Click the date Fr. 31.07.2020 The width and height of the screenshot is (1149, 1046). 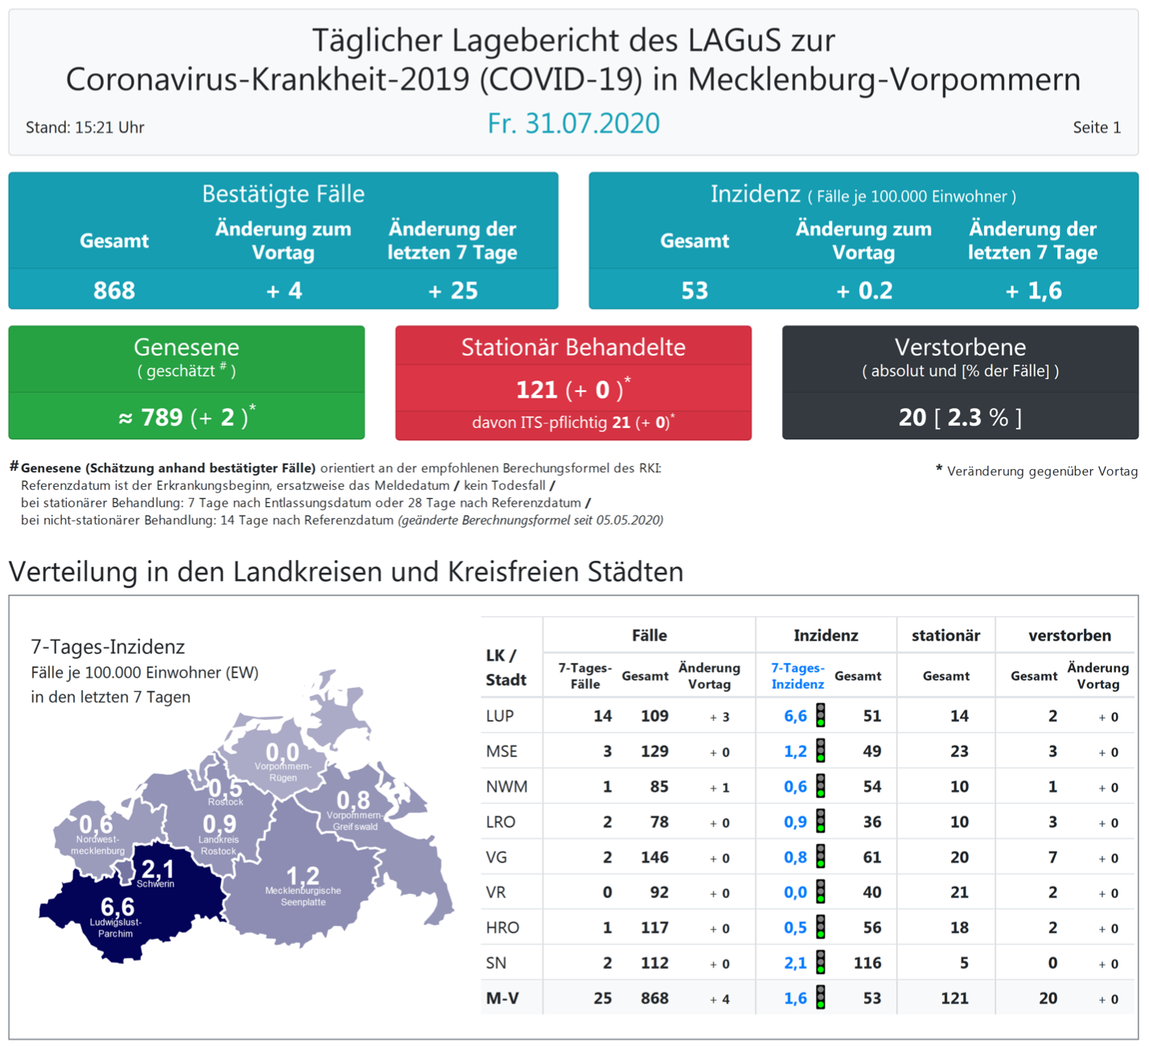(x=573, y=123)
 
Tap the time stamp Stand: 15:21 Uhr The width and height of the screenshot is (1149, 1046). (x=84, y=127)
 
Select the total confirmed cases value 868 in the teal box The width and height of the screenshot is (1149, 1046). (x=113, y=290)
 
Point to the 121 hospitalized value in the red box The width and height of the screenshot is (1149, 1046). (x=537, y=390)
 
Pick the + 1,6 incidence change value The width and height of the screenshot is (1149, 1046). (x=1033, y=290)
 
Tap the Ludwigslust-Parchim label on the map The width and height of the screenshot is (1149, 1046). (x=116, y=928)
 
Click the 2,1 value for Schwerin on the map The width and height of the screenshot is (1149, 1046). (x=157, y=868)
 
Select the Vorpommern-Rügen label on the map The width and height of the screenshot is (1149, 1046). (x=282, y=772)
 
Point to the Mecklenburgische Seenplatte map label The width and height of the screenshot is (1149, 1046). (x=303, y=896)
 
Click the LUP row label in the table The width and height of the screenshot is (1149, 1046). (x=500, y=716)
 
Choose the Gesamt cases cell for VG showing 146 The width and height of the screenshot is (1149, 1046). (x=654, y=857)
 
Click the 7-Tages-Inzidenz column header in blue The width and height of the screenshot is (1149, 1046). (x=797, y=676)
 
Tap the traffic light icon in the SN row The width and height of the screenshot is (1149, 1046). (x=821, y=962)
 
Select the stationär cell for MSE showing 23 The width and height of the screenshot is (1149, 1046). (x=959, y=752)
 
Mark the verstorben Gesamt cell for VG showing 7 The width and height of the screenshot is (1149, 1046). (x=1052, y=857)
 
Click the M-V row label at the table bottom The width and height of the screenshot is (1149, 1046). (x=502, y=999)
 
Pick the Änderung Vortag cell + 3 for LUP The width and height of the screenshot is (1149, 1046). (x=719, y=717)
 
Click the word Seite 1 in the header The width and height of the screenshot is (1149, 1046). (x=1096, y=127)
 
